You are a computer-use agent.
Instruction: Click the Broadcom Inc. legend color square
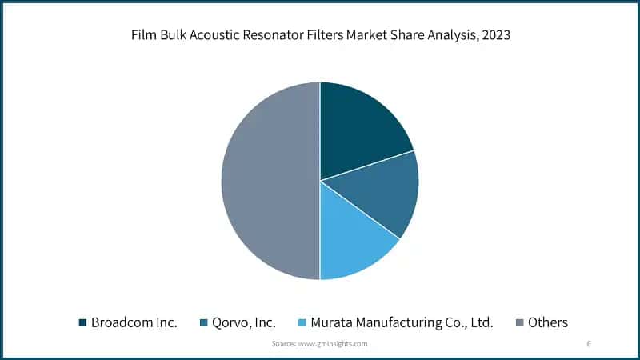coord(82,322)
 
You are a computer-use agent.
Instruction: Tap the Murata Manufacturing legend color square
coord(302,322)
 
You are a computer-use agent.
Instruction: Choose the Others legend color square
coord(520,322)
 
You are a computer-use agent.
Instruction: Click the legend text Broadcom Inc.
coord(134,322)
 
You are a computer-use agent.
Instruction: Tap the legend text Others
coord(548,322)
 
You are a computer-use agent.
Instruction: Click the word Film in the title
coord(145,35)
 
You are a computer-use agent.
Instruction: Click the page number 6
coord(589,343)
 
